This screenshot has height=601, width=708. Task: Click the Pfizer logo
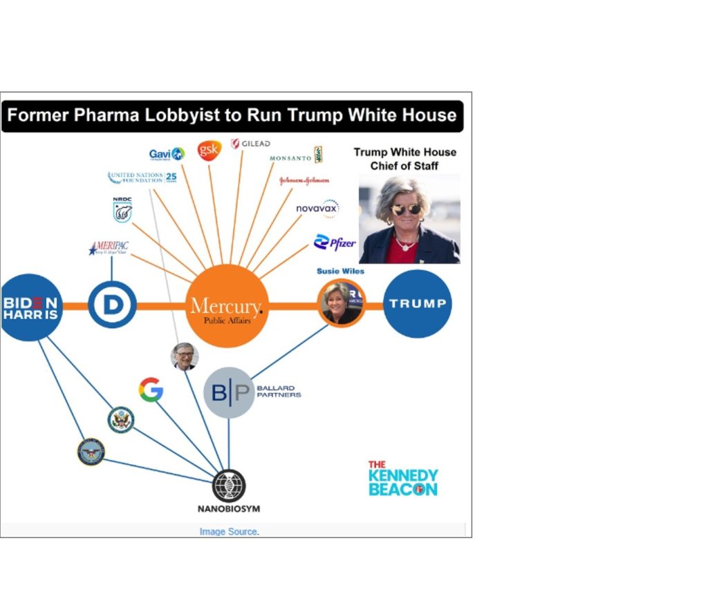335,242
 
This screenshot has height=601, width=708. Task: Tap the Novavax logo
317,208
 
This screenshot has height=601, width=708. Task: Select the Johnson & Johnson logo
304,181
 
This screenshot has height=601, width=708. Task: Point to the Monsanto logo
296,156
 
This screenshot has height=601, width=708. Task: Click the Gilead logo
250,144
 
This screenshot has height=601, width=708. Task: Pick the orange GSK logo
209,150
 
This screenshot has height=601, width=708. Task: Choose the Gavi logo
167,154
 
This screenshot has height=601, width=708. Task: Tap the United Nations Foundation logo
142,178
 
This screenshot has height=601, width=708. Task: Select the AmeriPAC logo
109,249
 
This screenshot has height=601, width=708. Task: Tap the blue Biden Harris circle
31,307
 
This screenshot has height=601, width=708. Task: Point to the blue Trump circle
417,304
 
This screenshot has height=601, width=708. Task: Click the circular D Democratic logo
111,305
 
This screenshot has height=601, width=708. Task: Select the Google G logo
151,390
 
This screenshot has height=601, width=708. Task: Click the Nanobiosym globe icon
229,486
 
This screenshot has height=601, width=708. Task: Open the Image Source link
229,531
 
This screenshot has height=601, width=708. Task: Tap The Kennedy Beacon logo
402,478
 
